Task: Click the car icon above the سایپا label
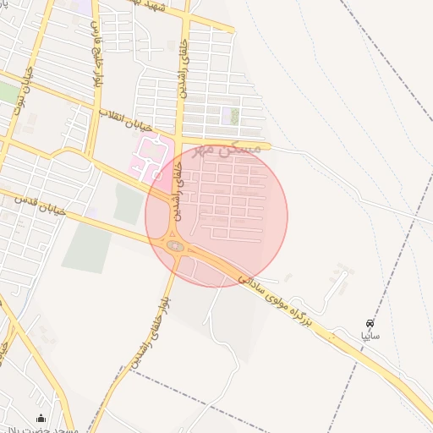pyautogui.click(x=370, y=323)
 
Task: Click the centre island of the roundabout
pyautogui.click(x=176, y=246)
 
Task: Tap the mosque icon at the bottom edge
pyautogui.click(x=41, y=417)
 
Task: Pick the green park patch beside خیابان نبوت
pyautogui.click(x=8, y=93)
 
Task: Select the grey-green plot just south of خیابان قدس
pyautogui.click(x=87, y=248)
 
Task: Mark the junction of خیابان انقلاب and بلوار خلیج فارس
pyautogui.click(x=95, y=104)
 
